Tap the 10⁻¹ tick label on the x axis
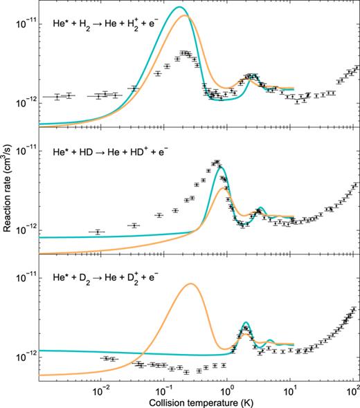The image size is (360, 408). pyautogui.click(x=164, y=389)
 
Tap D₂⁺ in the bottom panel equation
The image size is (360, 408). pyautogui.click(x=150, y=277)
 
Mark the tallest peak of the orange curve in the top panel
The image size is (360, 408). pyautogui.click(x=185, y=16)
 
